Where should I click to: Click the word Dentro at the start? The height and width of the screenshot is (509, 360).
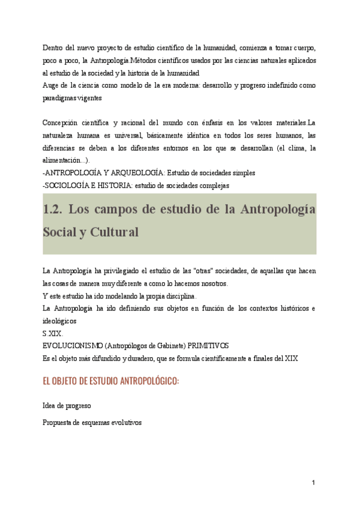tap(54, 47)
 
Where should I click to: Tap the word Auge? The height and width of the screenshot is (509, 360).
tap(52, 86)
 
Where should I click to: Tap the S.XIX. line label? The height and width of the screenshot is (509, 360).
tap(52, 334)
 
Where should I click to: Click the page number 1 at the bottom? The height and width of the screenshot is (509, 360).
tap(313, 483)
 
